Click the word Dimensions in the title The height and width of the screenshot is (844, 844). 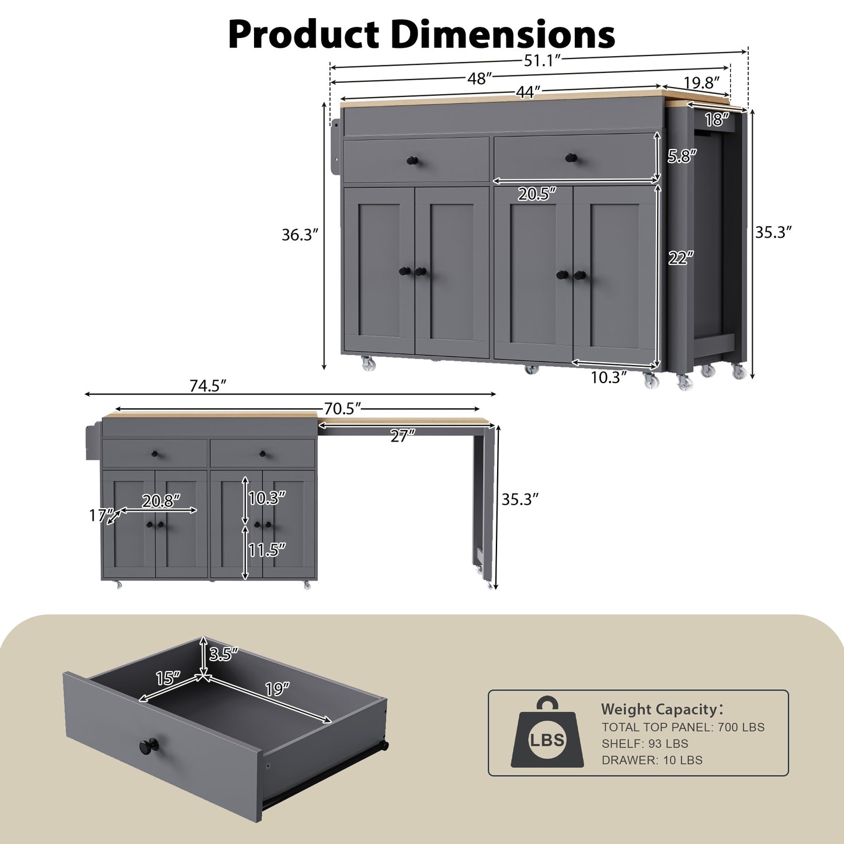502,34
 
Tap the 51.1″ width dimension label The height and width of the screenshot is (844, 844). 541,60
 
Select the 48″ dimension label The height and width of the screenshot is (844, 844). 479,79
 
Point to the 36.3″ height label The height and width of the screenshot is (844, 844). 300,235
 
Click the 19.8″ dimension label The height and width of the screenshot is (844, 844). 701,83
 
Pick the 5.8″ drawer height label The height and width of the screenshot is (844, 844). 682,156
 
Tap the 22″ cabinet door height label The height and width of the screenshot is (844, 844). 681,258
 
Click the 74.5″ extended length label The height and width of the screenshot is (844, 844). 207,386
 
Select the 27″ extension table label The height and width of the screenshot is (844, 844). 402,436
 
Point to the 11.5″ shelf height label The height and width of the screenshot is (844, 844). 267,550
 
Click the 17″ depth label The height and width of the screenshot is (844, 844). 100,515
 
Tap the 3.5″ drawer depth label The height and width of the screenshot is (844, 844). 224,654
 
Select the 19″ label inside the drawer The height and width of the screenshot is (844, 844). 277,689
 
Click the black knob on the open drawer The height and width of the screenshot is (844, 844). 148,746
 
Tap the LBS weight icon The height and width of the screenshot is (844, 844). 547,734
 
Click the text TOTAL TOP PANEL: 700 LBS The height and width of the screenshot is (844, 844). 683,727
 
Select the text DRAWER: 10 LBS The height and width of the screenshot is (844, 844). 652,760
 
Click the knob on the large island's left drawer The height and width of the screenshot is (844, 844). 413,161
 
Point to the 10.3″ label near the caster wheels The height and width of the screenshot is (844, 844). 608,377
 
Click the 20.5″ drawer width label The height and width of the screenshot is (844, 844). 536,194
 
